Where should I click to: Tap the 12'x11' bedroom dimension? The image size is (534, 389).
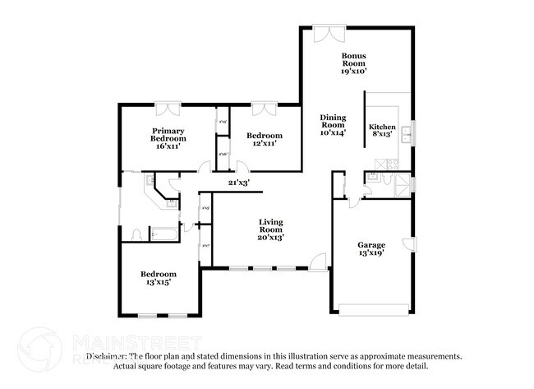point(265,143)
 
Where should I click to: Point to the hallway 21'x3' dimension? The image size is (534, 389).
point(239,182)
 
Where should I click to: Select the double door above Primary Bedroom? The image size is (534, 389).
point(168,108)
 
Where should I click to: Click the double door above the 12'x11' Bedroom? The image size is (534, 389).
point(265,108)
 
